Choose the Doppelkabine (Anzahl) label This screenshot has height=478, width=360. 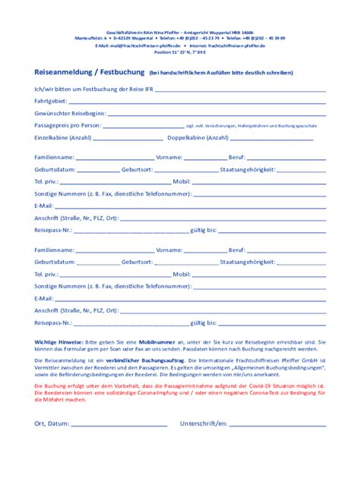pos(197,137)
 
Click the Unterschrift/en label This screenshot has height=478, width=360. pos(204,423)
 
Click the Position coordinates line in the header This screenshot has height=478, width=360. pos(179,53)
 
